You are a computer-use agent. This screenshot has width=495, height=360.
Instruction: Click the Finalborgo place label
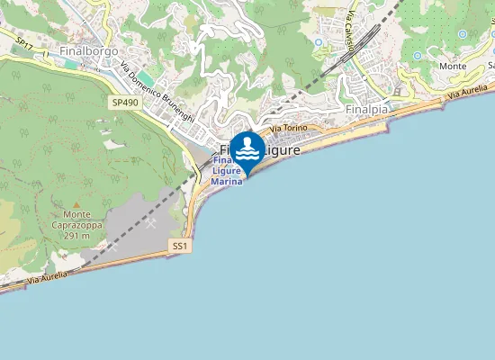pos(90,51)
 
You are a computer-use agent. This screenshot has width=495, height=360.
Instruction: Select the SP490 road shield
pos(125,103)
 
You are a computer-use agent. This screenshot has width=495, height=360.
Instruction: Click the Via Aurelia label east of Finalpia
pos(470,93)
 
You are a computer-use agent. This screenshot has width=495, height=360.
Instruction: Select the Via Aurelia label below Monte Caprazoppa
pos(47,280)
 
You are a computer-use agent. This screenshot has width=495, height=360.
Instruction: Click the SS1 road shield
pos(180,246)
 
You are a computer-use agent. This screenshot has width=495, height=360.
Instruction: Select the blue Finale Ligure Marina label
pos(227,171)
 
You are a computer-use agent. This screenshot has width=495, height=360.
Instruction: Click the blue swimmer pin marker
pos(247,148)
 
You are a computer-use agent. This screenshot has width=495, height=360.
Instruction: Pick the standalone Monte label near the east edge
pos(453,66)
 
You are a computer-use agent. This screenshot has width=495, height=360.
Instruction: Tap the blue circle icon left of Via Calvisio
pos(318,41)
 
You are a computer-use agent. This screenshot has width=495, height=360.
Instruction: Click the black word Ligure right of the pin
pos(283,150)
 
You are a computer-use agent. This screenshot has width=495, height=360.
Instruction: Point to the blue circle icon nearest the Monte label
pos(418,56)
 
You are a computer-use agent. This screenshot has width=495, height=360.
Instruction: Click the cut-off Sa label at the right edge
pos(490,66)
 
